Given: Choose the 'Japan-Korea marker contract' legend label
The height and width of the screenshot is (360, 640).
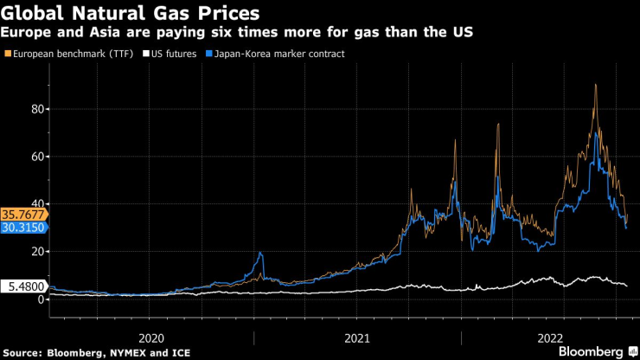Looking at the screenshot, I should (271, 54).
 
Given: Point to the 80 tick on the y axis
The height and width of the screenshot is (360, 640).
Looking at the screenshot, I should (37, 109).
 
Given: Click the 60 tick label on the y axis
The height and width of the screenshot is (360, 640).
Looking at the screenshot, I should (37, 157).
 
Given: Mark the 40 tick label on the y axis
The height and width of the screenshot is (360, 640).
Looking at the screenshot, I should (37, 203).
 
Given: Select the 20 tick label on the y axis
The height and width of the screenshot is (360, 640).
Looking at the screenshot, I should (37, 251).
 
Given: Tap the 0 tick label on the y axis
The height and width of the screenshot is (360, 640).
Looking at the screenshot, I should (40, 299).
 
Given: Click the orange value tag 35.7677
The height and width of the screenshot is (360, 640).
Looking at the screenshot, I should (22, 213).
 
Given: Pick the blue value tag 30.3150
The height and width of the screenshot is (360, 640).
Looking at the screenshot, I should (22, 227).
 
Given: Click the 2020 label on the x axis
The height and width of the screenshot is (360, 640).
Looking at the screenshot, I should (151, 337).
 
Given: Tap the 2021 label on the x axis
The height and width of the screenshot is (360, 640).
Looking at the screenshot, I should (357, 337).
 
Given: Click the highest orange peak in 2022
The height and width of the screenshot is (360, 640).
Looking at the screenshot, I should (595, 85).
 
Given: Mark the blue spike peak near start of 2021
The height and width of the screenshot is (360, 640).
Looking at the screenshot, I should (260, 253).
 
